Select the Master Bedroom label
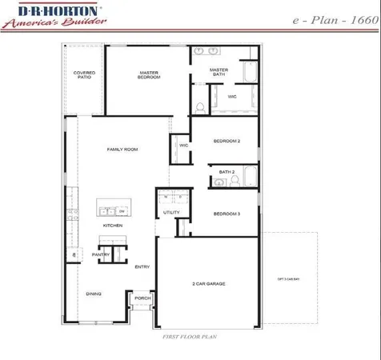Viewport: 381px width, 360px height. (147, 75)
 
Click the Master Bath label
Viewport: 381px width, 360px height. (219, 72)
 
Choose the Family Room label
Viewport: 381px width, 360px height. (123, 150)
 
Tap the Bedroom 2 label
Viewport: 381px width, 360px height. (227, 142)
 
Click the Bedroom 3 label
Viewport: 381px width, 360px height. (227, 214)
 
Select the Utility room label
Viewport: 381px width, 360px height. (171, 213)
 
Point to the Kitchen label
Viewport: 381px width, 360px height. (112, 226)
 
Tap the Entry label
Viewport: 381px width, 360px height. (142, 267)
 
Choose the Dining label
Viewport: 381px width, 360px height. (94, 294)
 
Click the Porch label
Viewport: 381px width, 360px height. (142, 298)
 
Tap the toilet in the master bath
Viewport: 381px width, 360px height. (200, 106)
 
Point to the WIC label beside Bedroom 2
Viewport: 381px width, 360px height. (182, 146)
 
